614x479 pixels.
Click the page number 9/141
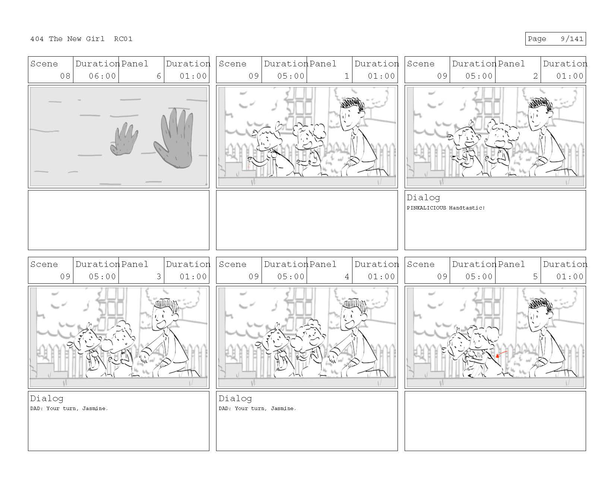click(572, 39)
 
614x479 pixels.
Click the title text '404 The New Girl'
click(67, 39)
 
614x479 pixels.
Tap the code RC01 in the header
click(123, 39)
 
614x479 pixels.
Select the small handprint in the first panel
click(124, 139)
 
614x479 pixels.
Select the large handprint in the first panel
click(174, 138)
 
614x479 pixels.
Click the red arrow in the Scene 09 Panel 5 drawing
click(501, 354)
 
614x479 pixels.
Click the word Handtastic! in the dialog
click(467, 208)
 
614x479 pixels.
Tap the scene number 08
click(65, 76)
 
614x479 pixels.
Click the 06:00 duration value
click(102, 76)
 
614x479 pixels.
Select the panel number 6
click(159, 76)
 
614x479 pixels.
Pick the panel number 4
click(347, 276)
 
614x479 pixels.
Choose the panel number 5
click(535, 276)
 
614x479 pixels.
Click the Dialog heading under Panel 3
click(47, 398)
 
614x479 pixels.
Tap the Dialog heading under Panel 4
click(235, 398)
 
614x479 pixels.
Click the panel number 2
click(535, 76)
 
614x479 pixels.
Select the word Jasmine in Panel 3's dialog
click(95, 408)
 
